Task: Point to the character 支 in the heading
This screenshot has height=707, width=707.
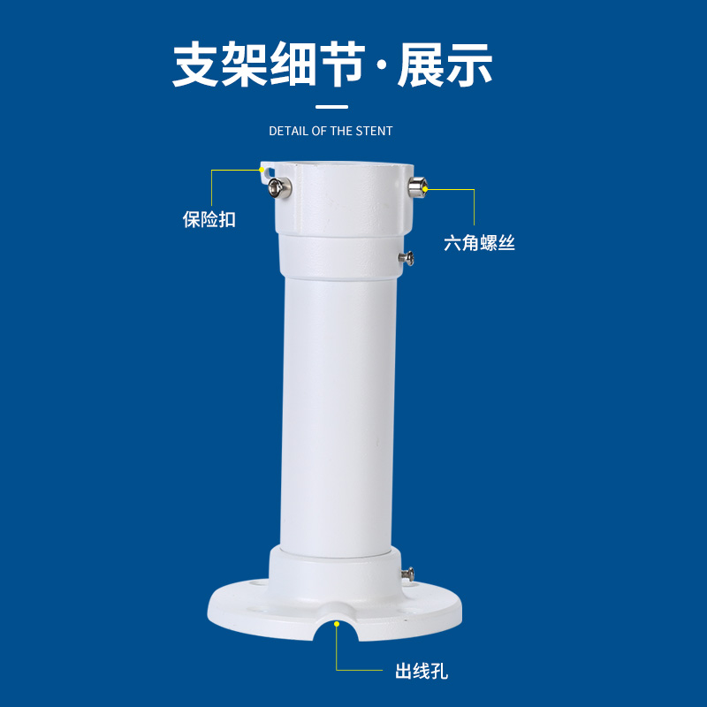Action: pos(196,64)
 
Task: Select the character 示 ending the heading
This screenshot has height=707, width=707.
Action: pos(469,64)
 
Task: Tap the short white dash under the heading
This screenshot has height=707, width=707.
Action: pos(332,107)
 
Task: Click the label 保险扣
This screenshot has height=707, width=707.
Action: pos(209,219)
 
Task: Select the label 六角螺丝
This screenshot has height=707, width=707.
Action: pos(479,243)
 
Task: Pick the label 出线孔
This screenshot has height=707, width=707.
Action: pos(422,672)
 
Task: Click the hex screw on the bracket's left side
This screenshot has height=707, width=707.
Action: pos(279,187)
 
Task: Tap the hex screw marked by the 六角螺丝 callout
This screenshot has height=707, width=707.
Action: pos(417,187)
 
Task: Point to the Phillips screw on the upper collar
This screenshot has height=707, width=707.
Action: pos(406,258)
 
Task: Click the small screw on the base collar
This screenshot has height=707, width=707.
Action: pos(407,574)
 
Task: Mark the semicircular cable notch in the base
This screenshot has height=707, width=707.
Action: pos(337,626)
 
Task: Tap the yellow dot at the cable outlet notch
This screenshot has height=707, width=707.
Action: pos(337,624)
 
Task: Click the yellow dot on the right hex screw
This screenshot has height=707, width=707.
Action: pos(425,189)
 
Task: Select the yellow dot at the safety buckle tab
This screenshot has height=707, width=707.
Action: pos(262,170)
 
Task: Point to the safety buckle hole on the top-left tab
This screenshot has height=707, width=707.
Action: pos(270,172)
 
